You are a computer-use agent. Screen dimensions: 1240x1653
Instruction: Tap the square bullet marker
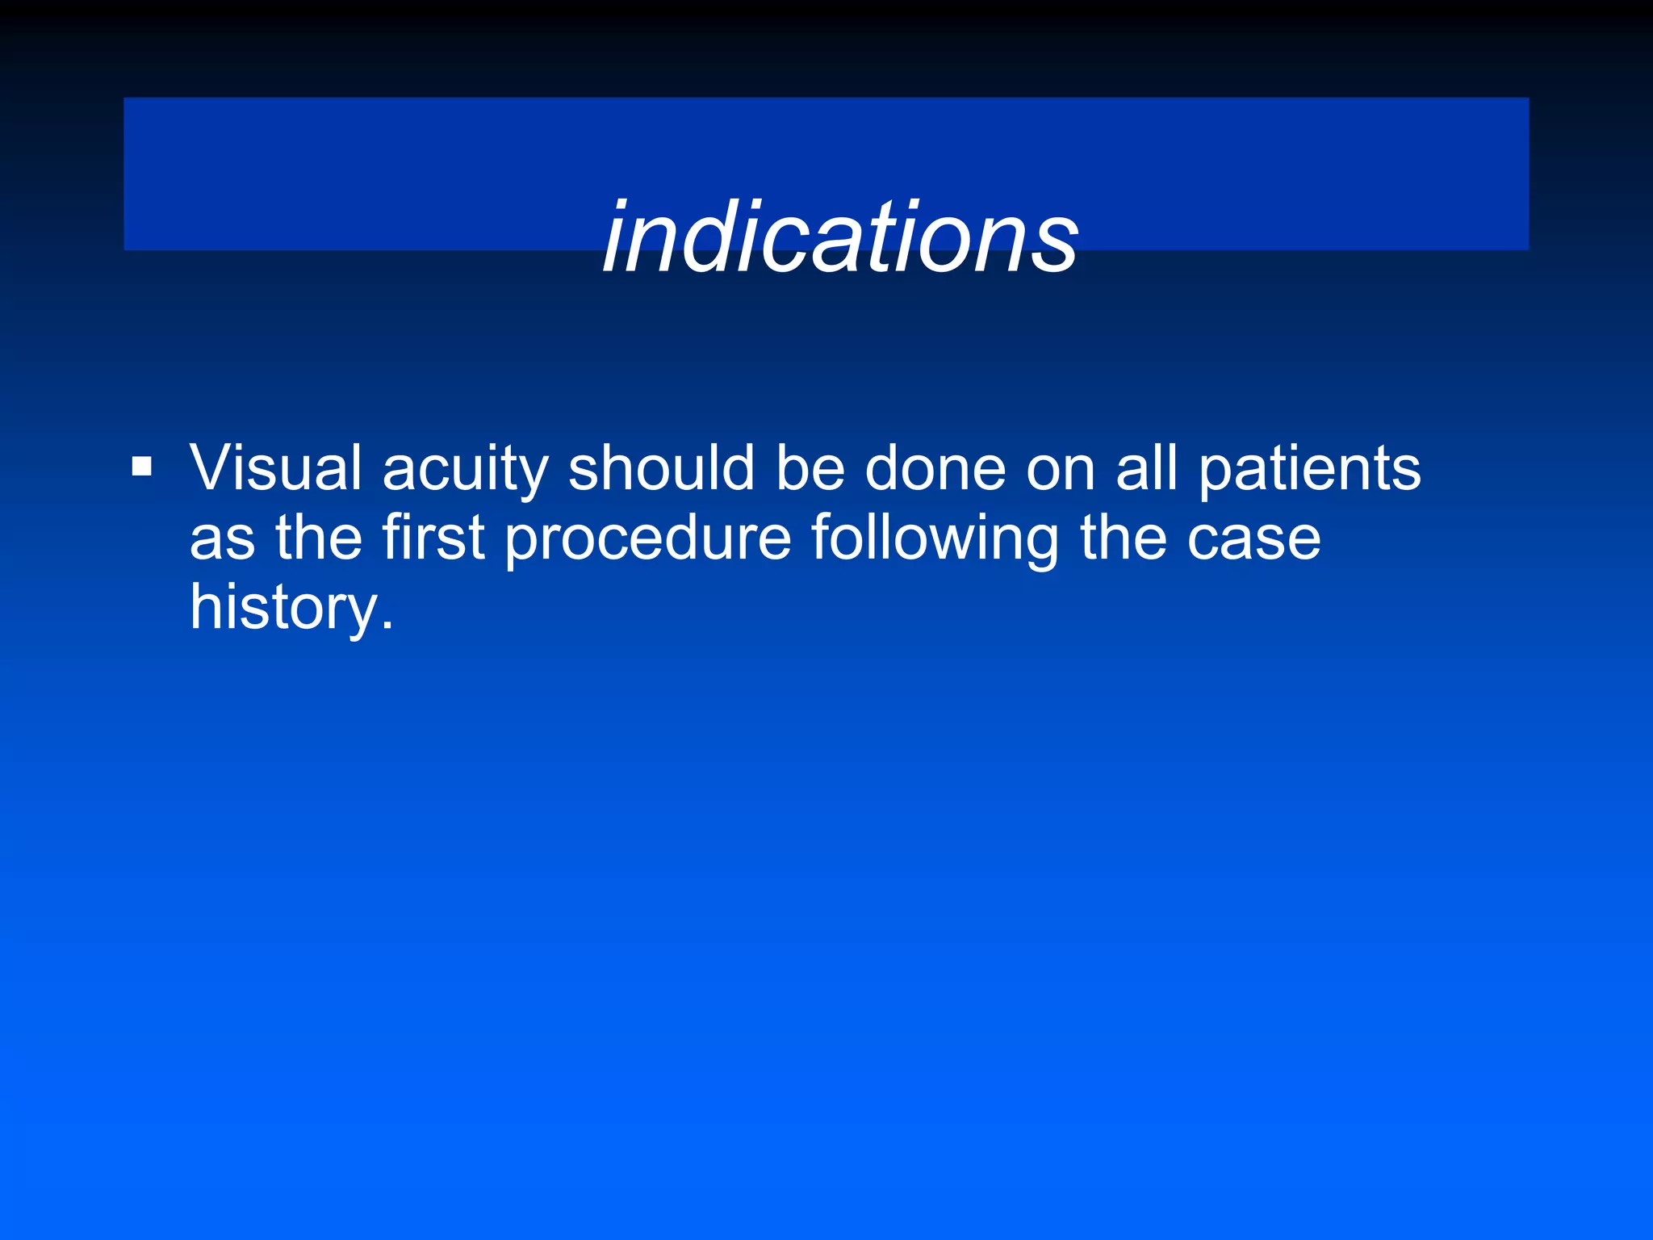[x=142, y=467]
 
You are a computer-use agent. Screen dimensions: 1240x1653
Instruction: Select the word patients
[x=1308, y=471]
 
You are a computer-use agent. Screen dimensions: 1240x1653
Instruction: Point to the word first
[x=433, y=538]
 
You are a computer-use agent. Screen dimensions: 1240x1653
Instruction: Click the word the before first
[x=319, y=538]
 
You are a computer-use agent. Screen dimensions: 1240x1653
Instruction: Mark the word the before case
[x=1124, y=538]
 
